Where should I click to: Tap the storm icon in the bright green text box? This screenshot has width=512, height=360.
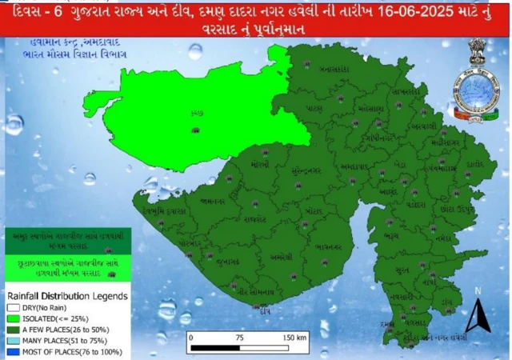tap(110, 274)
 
